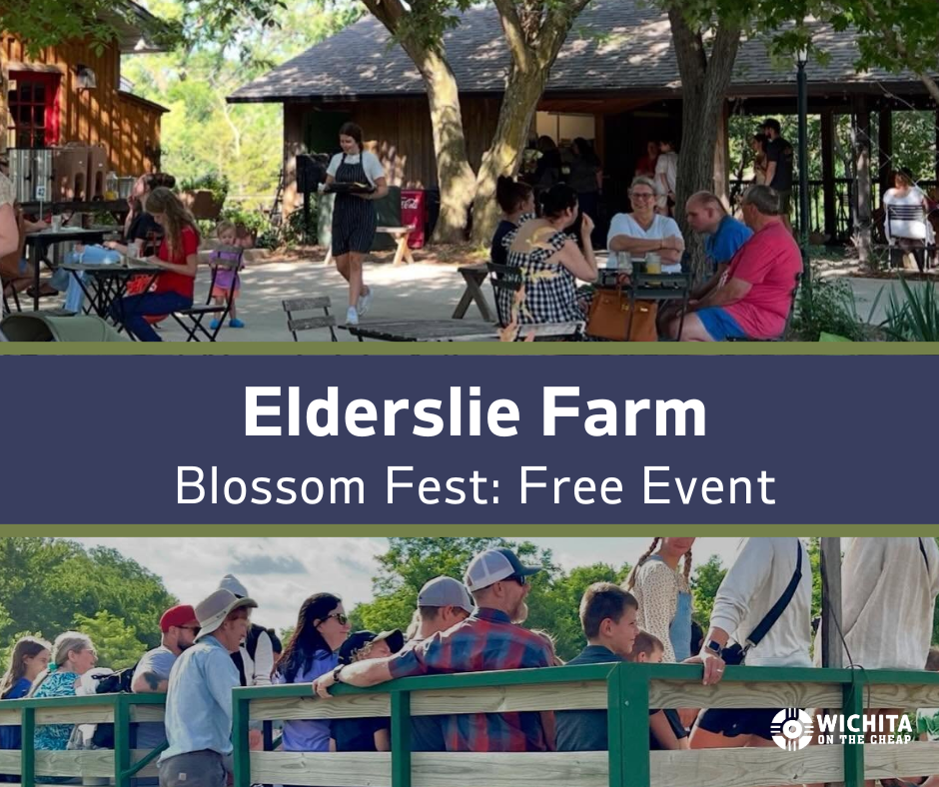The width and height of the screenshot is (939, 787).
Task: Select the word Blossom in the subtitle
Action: [x=270, y=486]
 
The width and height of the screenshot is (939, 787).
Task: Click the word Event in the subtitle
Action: [x=709, y=486]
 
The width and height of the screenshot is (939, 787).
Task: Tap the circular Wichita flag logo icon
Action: [x=792, y=729]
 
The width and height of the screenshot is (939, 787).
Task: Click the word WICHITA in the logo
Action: [x=864, y=723]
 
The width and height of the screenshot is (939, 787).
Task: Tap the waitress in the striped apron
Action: [x=354, y=223]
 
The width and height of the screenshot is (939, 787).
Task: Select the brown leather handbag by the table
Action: [x=621, y=315]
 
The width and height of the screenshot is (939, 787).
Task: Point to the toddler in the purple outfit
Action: [x=227, y=275]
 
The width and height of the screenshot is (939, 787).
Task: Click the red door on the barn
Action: [x=34, y=109]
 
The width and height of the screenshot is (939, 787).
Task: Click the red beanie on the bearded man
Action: [x=178, y=617]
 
